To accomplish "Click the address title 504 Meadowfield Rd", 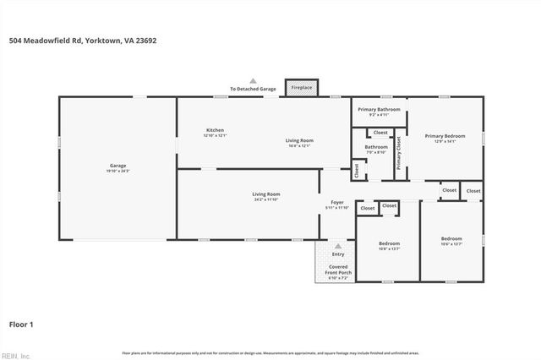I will (x=83, y=40).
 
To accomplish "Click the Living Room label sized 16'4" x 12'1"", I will (x=298, y=142).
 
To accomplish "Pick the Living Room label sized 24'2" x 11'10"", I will (x=265, y=196).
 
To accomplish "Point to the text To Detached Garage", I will (x=253, y=89).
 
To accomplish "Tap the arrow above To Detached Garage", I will (x=252, y=80).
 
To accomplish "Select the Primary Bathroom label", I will (x=378, y=111).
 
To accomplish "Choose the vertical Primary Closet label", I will (x=399, y=154).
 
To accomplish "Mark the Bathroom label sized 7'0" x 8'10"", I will (x=376, y=149).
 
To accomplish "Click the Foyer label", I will (x=336, y=205).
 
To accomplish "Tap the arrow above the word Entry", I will (x=338, y=244).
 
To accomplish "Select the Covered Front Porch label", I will (x=338, y=271).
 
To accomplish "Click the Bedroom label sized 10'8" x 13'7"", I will (x=388, y=246).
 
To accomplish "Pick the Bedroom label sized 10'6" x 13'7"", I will (x=451, y=241).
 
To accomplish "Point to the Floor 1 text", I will (x=21, y=324).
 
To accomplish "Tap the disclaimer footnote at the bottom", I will (x=270, y=353).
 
